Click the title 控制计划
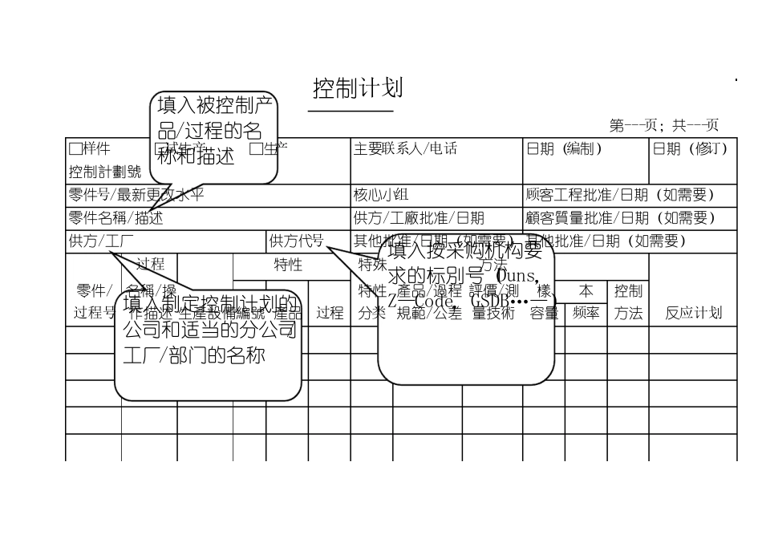coord(358,88)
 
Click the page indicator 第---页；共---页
coord(663,125)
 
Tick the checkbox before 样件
coord(75,148)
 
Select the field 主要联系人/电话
coord(405,148)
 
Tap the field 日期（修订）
coord(691,148)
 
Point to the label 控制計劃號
coord(104,172)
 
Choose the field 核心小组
coord(381,195)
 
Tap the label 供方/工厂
coord(101,241)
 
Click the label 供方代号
coord(296,241)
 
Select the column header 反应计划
coord(693,313)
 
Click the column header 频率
coord(586,313)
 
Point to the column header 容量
coord(544,313)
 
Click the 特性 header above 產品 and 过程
coord(288,264)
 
